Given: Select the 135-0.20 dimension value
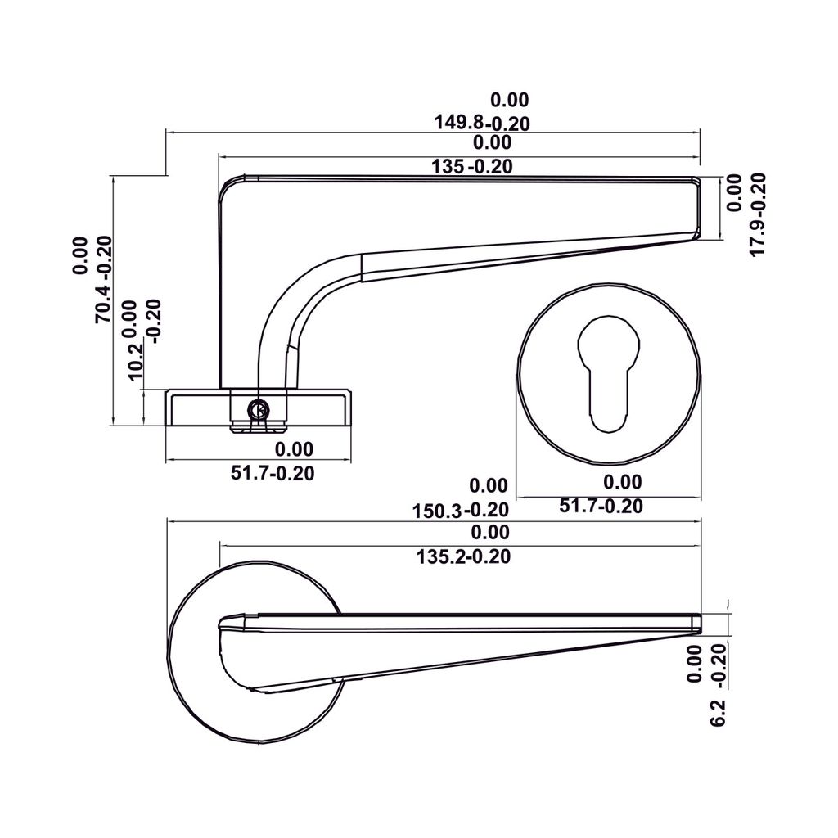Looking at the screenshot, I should (x=472, y=167).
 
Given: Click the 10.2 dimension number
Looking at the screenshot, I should (x=136, y=360).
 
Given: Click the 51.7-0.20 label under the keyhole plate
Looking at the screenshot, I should (x=601, y=507).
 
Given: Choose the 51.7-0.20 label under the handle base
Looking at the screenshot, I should (x=273, y=473).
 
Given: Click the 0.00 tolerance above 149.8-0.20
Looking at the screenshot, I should (x=510, y=101).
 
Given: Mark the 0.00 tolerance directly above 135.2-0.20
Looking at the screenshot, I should (x=491, y=534).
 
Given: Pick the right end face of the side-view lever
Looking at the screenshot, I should (x=697, y=209).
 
